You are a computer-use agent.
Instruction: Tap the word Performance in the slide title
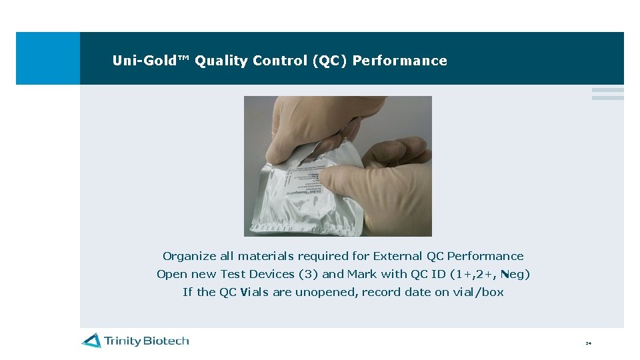(x=400, y=61)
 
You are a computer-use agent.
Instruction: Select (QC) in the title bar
(x=329, y=61)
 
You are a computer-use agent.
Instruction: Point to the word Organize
(x=189, y=257)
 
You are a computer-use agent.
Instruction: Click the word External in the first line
(x=397, y=256)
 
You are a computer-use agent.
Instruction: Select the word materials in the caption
(x=267, y=256)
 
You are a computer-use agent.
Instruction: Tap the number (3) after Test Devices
(x=309, y=274)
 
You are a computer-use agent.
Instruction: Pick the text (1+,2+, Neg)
(x=490, y=274)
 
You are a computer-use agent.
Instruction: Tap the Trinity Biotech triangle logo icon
(x=91, y=341)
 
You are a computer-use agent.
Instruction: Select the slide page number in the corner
(x=589, y=343)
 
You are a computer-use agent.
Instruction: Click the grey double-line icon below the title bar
(x=607, y=94)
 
